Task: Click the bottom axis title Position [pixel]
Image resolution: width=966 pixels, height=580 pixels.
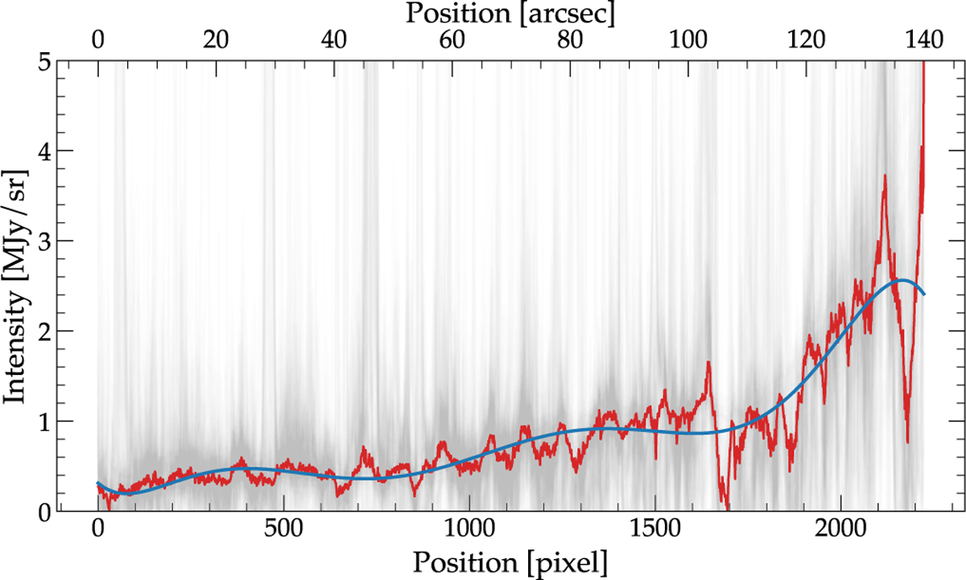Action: (x=510, y=558)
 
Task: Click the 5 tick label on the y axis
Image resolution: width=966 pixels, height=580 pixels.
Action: (x=44, y=61)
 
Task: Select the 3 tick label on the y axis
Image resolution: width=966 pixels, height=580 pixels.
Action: (x=44, y=241)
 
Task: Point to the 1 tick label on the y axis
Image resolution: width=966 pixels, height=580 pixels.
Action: (x=44, y=421)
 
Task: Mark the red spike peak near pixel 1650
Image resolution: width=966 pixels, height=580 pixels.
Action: (x=708, y=363)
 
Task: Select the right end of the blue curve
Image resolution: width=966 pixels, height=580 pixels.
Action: (x=924, y=294)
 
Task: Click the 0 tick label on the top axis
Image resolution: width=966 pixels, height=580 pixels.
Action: (x=98, y=40)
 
